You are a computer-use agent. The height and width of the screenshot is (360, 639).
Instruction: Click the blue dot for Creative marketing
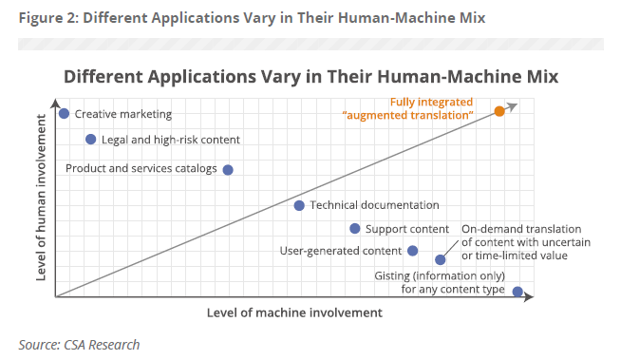[x=64, y=114]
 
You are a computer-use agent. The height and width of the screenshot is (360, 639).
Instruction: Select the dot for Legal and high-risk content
[x=91, y=139]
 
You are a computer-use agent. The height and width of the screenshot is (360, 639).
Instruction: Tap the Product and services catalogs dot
[x=227, y=170]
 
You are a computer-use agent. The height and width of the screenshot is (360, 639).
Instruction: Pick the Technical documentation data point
[x=299, y=205]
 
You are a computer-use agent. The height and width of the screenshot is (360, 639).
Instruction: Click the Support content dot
[x=355, y=228]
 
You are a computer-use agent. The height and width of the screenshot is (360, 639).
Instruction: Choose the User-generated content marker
[x=413, y=251]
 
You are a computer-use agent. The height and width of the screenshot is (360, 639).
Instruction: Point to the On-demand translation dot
[x=441, y=259]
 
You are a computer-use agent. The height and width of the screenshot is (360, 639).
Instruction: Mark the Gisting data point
[x=517, y=292]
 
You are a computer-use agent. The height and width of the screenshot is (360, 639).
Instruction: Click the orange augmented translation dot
[x=499, y=111]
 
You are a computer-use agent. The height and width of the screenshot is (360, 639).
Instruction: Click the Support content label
[x=407, y=229]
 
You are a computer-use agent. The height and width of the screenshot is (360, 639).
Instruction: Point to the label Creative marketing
[x=123, y=114]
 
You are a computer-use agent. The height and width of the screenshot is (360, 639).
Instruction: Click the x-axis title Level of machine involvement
[x=293, y=313]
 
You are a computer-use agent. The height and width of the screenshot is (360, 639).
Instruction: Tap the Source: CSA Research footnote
[x=79, y=344]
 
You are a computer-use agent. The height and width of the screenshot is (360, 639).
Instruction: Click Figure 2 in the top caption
[x=47, y=17]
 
